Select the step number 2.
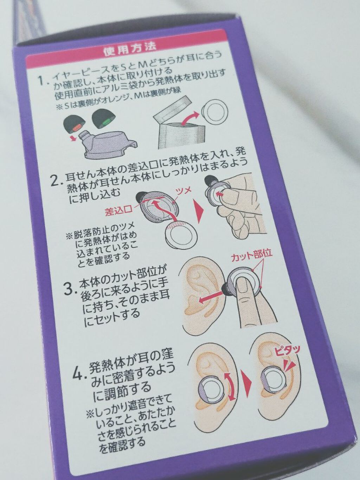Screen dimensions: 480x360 56,181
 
